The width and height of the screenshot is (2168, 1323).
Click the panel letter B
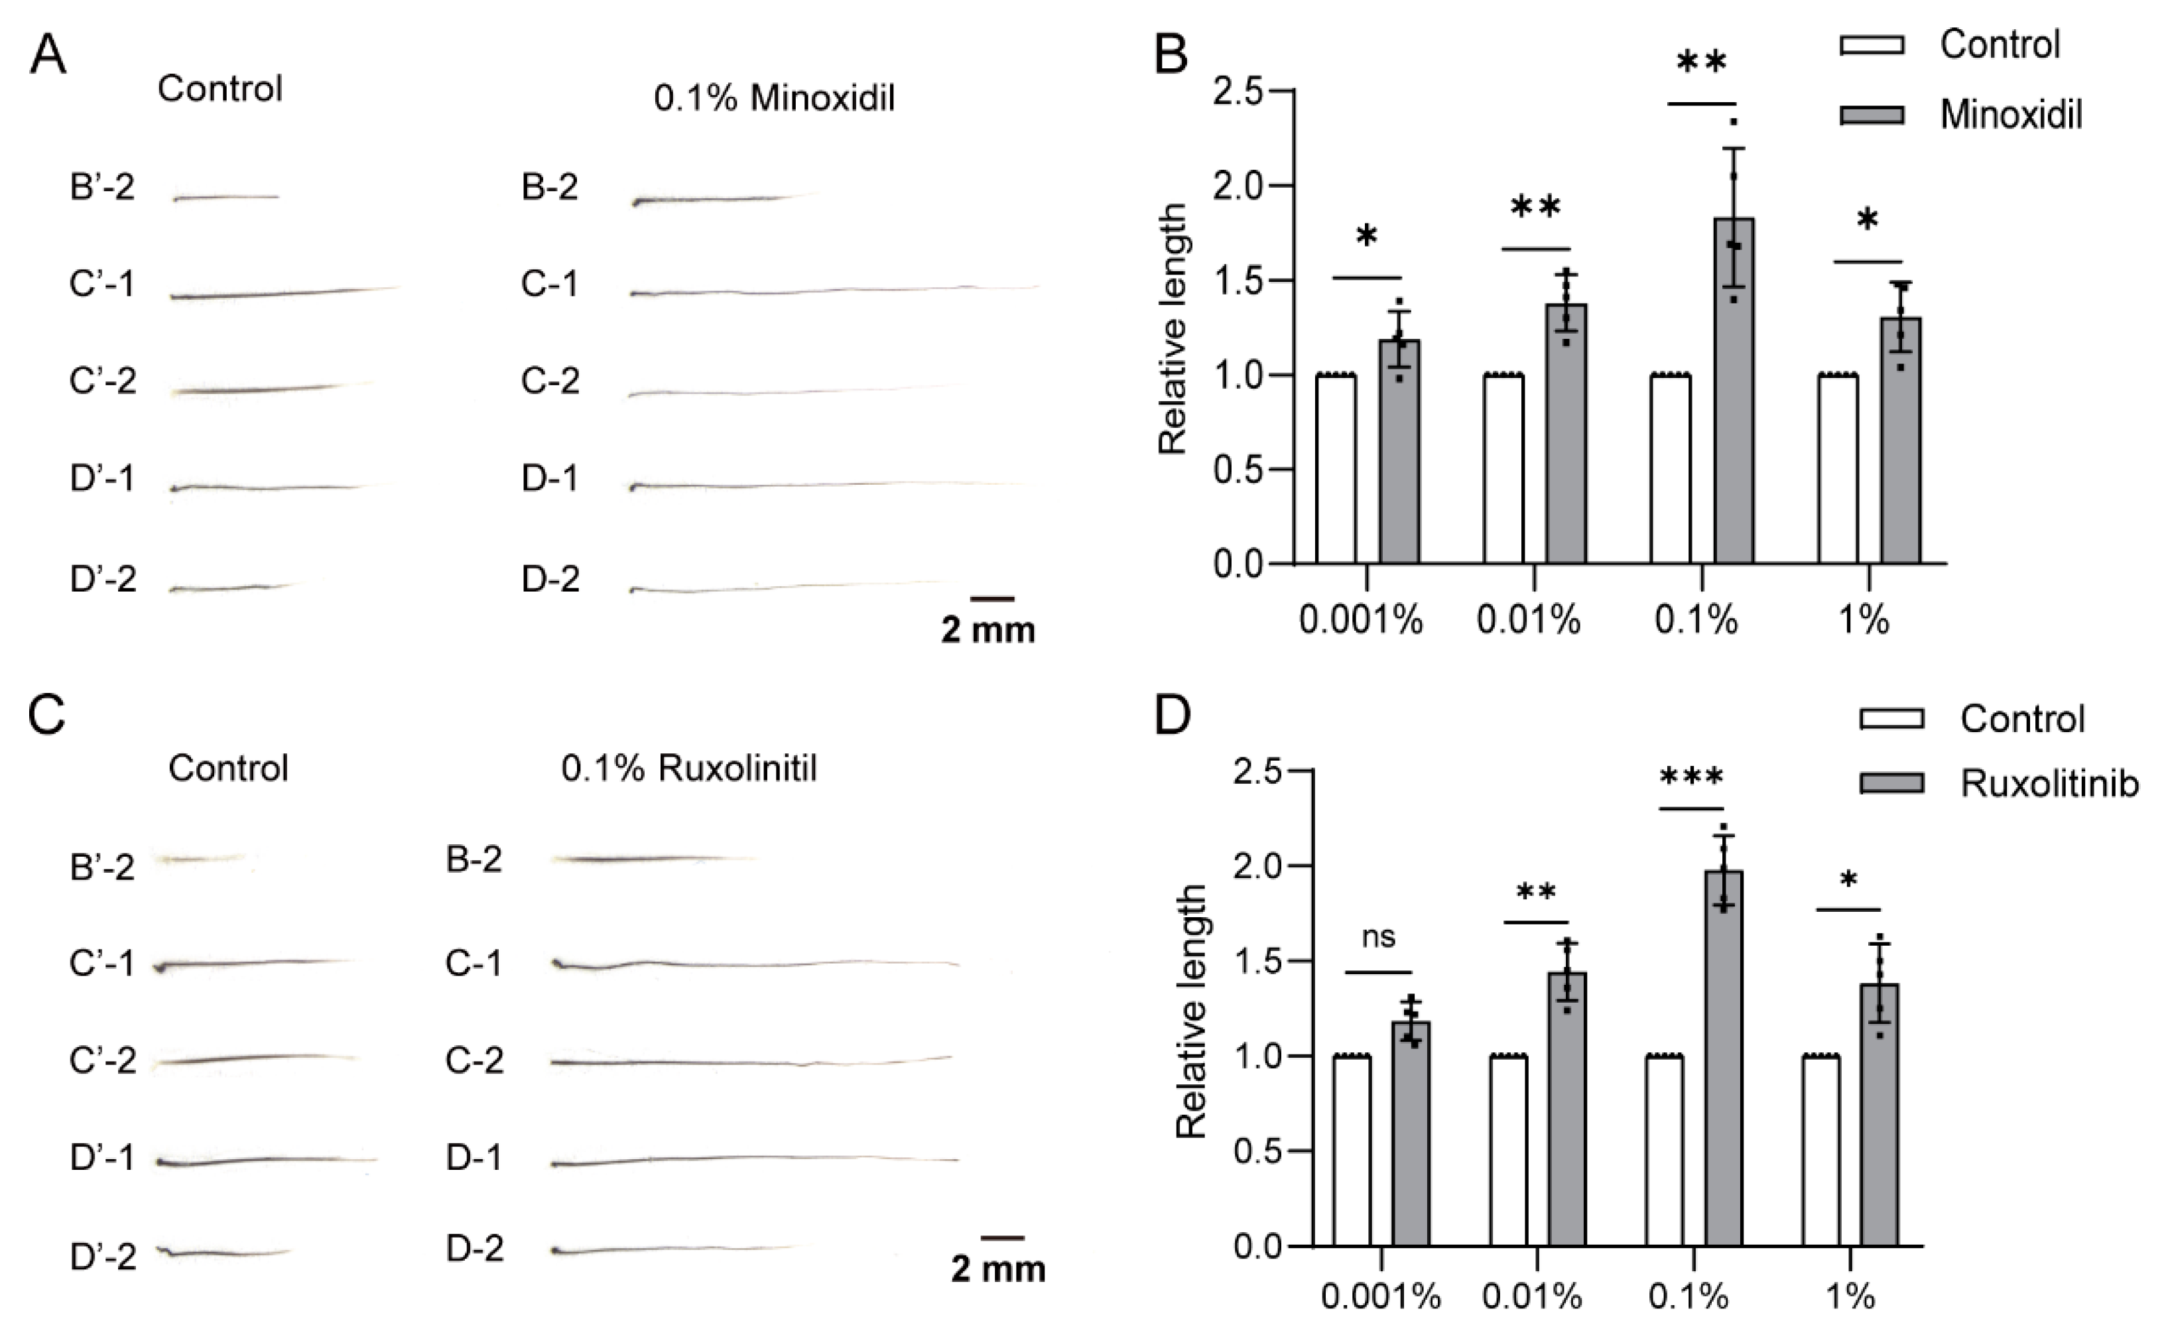[1171, 54]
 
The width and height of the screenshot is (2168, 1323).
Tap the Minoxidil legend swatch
[1872, 115]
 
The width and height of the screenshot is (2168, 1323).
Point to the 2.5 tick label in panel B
[1237, 92]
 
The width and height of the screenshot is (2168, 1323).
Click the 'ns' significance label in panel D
[1378, 938]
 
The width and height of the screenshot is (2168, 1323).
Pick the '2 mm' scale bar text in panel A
[988, 631]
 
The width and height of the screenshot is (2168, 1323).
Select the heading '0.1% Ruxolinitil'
[689, 769]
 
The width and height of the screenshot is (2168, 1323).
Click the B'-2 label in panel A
[102, 188]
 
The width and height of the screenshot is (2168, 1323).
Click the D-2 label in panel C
[474, 1249]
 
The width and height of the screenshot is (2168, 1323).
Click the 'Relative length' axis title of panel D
[1192, 1011]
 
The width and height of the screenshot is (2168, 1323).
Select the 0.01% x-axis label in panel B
[1528, 621]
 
